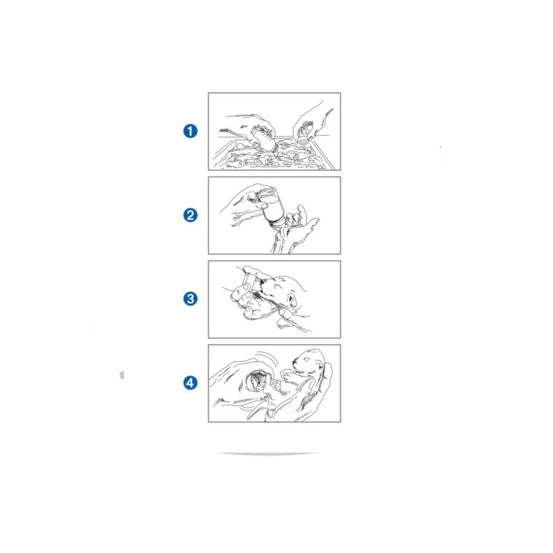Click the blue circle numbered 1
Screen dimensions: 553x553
(190, 131)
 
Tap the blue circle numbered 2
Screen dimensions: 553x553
(190, 215)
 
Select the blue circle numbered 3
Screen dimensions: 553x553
(190, 299)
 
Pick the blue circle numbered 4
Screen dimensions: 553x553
(190, 382)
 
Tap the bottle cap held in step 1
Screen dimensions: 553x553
(303, 138)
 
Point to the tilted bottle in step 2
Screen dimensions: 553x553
(271, 206)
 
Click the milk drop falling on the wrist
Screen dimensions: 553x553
(283, 233)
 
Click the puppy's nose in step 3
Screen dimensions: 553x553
(262, 282)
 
